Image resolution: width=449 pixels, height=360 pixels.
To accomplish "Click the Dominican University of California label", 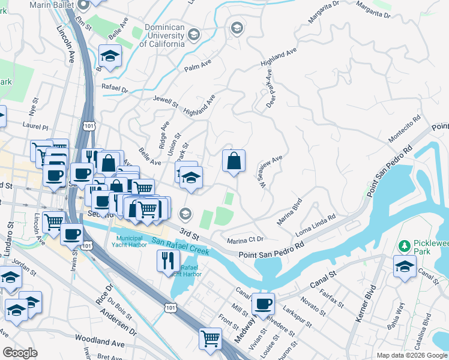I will click(162, 35).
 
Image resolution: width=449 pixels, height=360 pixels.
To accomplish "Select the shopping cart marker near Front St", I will click(210, 338).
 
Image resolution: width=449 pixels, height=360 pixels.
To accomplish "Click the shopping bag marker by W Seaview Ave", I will click(234, 161).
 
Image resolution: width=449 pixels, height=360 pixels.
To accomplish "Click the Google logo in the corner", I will click(20, 353).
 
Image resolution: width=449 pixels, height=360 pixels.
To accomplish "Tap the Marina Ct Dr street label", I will click(246, 240).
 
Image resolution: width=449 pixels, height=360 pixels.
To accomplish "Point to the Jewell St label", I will click(166, 101).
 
